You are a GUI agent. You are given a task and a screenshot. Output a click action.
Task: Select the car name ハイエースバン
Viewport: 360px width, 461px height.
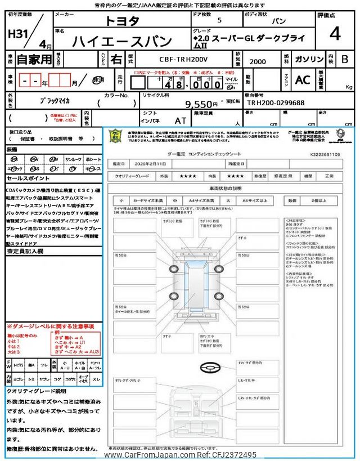pos(122,41)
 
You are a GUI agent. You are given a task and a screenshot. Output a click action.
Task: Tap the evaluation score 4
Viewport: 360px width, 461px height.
pos(335,34)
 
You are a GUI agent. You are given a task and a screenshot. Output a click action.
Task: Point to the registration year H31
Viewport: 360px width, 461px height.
pos(19,35)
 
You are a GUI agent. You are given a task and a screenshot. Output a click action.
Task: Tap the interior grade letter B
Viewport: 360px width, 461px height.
pos(345,59)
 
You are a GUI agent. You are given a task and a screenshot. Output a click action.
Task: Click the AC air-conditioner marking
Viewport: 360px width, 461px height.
pos(302,79)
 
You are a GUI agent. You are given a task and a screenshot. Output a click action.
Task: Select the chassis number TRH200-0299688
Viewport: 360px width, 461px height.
pos(276,104)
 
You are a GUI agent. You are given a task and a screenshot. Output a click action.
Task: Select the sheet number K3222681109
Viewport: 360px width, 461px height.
pos(325,153)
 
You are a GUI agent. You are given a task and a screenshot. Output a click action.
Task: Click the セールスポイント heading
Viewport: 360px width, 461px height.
pos(29,178)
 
